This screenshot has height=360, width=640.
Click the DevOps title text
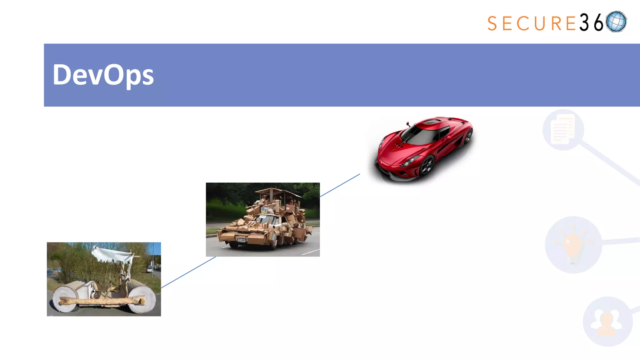[103, 75]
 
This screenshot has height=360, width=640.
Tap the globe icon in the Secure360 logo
[616, 22]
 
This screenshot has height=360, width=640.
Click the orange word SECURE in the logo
[531, 23]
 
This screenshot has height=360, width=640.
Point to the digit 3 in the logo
[584, 22]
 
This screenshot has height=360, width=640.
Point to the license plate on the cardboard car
[241, 240]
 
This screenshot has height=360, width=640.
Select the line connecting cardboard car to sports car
[340, 185]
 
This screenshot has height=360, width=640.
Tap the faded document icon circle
[563, 130]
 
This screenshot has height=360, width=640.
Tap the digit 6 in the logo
[598, 23]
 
